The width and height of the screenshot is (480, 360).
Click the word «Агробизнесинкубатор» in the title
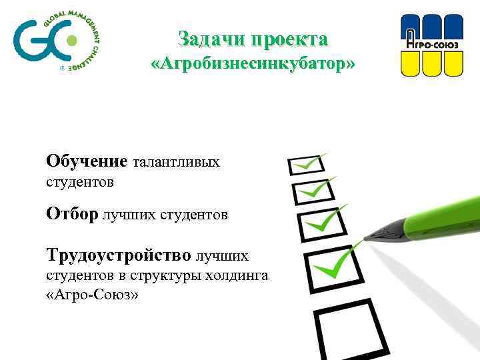253,65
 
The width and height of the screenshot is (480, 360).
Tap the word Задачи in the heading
203,39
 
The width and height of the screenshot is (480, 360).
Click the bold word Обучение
87,161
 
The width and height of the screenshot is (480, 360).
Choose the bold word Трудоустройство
118,255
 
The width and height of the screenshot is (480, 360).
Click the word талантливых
177,162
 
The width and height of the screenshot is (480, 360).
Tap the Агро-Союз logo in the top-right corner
431,45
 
